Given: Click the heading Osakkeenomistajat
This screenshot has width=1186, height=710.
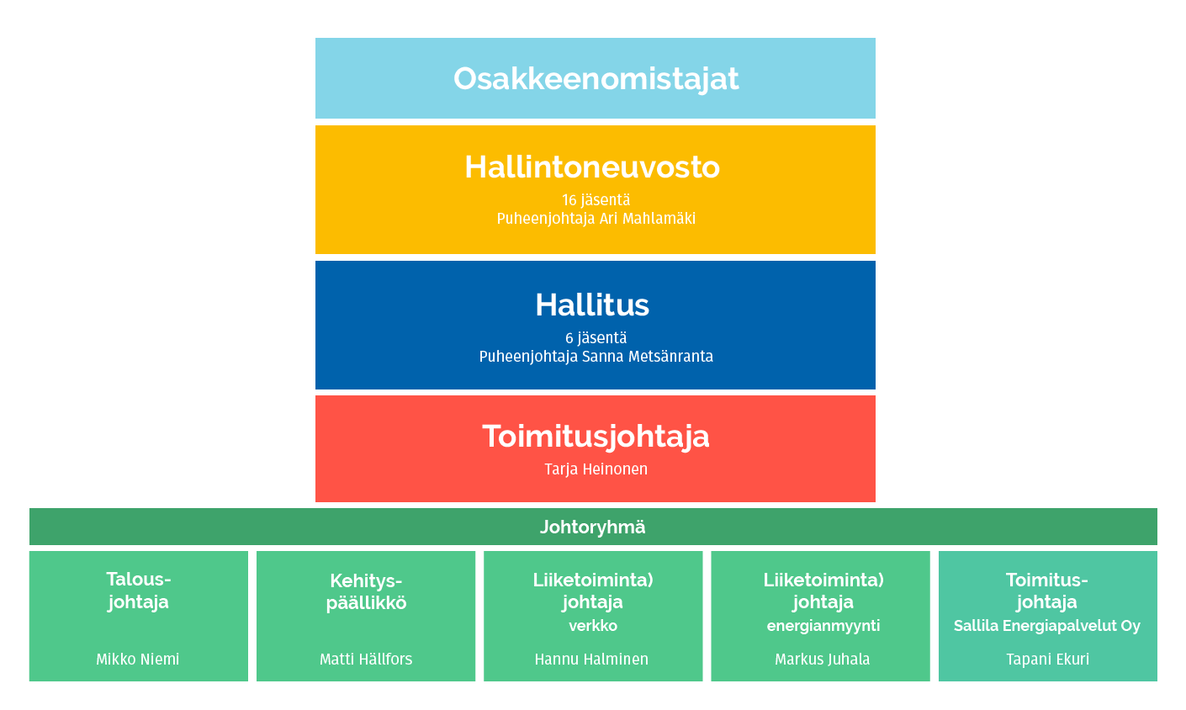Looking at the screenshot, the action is tap(596, 79).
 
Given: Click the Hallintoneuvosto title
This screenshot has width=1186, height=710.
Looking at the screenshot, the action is tap(592, 167).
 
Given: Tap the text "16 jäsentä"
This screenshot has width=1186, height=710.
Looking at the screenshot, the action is tap(596, 200).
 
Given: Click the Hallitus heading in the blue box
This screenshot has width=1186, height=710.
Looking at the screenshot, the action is tap(592, 305).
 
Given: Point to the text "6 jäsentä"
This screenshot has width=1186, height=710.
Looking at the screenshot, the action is tap(596, 338).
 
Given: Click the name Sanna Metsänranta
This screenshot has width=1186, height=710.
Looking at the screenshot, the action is tap(647, 357).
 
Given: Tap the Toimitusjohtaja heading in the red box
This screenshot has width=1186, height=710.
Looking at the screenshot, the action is tap(596, 437).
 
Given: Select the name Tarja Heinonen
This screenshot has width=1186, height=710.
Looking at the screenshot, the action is tap(596, 469).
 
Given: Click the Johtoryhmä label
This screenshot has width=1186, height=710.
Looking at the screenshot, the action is tap(592, 527).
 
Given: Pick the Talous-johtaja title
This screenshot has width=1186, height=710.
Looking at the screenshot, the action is tap(138, 591).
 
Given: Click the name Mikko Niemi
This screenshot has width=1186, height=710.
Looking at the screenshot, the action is tap(138, 660).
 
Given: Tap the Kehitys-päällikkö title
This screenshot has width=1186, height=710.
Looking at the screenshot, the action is tap(366, 592).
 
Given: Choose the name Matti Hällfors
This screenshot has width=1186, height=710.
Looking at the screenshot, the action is tap(366, 660).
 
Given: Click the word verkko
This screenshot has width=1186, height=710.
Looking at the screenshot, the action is tap(593, 626).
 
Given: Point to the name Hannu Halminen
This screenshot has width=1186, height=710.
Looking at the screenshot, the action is tap(591, 660).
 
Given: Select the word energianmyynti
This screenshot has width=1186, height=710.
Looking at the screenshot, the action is tap(823, 627).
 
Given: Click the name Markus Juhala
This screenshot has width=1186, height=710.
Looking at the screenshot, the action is tap(823, 660).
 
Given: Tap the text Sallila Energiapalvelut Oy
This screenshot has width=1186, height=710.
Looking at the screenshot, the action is tap(1046, 627).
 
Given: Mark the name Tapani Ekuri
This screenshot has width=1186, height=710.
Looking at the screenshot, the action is tap(1048, 660).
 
